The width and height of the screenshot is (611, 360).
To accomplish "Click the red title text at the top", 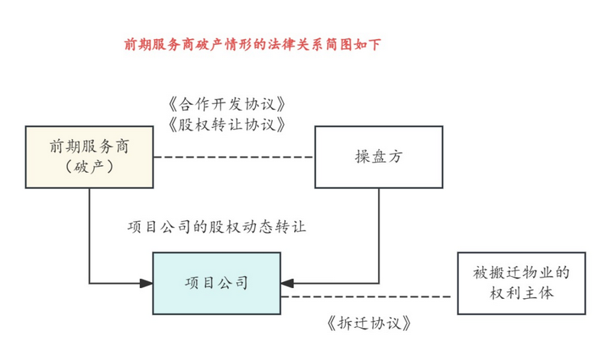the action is tap(252, 44).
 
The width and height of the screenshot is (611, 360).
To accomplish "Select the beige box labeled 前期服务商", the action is tap(89, 157).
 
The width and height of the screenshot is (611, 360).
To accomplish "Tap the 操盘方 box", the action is tap(379, 157).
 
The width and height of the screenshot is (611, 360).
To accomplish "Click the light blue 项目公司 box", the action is tap(217, 283).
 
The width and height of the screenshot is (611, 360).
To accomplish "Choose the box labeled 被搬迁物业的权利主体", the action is tap(522, 283).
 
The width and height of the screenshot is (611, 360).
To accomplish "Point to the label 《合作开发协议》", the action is tap(227, 104).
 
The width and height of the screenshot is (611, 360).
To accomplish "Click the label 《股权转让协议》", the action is tap(227, 125).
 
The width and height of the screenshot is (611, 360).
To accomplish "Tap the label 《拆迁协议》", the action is tap(369, 323).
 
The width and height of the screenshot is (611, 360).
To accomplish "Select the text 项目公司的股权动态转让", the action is tap(217, 226).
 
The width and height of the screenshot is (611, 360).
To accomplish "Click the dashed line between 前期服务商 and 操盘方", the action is tap(234, 157).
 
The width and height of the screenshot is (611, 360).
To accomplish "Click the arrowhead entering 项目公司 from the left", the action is tap(147, 283).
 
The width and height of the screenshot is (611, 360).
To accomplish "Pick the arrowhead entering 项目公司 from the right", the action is tap(287, 283).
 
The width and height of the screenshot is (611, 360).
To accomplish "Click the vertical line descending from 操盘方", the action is tap(379, 235).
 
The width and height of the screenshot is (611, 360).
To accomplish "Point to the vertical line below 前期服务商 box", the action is tap(89, 235).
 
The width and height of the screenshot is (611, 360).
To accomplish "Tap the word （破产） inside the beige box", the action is tap(89, 167).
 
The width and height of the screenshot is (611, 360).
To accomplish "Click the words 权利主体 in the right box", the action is tap(522, 294).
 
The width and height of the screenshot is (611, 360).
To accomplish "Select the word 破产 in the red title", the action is tap(209, 44).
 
